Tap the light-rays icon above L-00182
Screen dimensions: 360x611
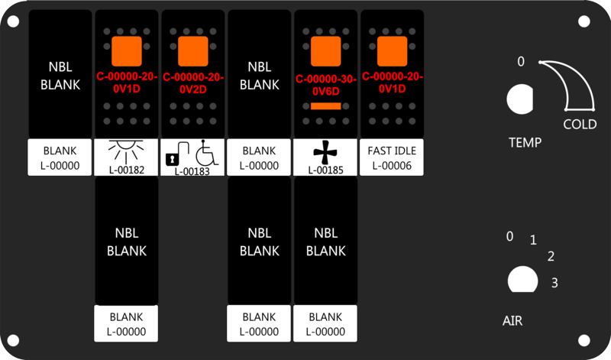pyautogui.click(x=126, y=150)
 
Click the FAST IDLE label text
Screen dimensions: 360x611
pyautogui.click(x=392, y=151)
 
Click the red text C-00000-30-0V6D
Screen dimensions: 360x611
pyautogui.click(x=326, y=84)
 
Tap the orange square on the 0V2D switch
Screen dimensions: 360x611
pyautogui.click(x=192, y=51)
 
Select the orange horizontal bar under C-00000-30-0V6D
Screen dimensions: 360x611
pyautogui.click(x=326, y=106)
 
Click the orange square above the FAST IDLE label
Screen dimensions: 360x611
pyautogui.click(x=392, y=51)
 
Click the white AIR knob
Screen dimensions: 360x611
pyautogui.click(x=522, y=280)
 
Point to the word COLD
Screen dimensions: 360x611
pyautogui.click(x=580, y=125)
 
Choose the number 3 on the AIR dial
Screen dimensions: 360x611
pyautogui.click(x=554, y=283)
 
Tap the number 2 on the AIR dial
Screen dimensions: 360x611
pyautogui.click(x=551, y=257)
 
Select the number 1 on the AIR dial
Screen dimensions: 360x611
pyautogui.click(x=533, y=241)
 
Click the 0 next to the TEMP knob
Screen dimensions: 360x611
pyautogui.click(x=521, y=62)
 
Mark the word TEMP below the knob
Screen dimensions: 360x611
pyautogui.click(x=525, y=142)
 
